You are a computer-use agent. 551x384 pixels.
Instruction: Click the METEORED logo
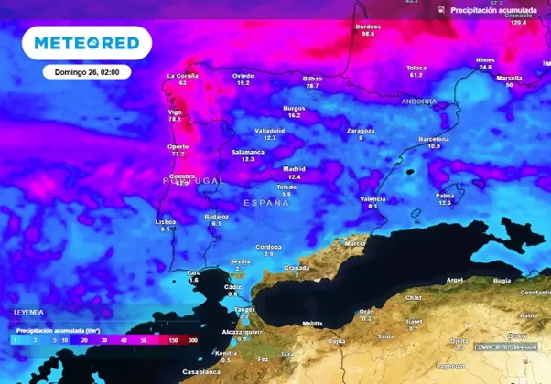pyautogui.click(x=87, y=43)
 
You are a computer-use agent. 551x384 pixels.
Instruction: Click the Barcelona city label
pyautogui.click(x=434, y=138)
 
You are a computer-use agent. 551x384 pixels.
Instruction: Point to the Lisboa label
pyautogui.click(x=166, y=221)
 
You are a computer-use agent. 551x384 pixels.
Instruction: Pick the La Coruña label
pyautogui.click(x=183, y=75)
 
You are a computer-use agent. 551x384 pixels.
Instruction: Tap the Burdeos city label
pyautogui.click(x=368, y=27)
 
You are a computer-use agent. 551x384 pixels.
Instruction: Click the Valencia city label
pyautogui.click(x=373, y=198)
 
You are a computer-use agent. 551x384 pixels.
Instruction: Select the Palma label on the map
pyautogui.click(x=445, y=195)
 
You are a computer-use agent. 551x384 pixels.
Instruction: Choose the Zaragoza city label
pyautogui.click(x=361, y=130)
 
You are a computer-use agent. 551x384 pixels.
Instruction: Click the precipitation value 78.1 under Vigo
pyautogui.click(x=176, y=119)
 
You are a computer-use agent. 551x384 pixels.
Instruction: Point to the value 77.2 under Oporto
pyautogui.click(x=178, y=154)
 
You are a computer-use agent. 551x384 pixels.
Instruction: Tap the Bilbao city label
pyautogui.click(x=312, y=78)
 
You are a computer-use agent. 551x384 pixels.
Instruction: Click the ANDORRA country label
pyautogui.click(x=419, y=101)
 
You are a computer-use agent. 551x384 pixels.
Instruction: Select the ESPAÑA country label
pyautogui.click(x=266, y=202)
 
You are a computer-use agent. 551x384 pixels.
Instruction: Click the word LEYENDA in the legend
pyautogui.click(x=28, y=312)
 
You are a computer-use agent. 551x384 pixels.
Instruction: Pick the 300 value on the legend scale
pyautogui.click(x=192, y=339)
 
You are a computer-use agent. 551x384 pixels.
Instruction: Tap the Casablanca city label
pyautogui.click(x=200, y=372)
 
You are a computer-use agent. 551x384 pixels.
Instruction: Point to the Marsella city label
pyautogui.click(x=509, y=78)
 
